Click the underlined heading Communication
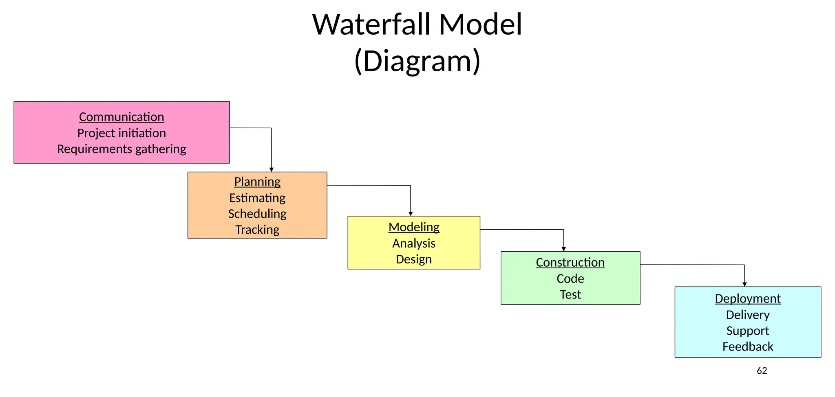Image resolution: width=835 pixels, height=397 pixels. coord(121,117)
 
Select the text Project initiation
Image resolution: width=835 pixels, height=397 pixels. coord(121,133)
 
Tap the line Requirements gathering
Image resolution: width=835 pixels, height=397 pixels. coord(121,149)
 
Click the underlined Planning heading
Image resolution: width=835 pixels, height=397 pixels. coord(257,182)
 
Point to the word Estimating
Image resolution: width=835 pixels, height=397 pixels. coord(257,198)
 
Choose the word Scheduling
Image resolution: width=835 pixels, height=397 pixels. coord(257,214)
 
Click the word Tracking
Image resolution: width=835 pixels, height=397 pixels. coord(257,230)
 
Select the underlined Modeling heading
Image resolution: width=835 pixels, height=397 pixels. coord(414,227)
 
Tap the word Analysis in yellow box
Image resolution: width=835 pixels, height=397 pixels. coord(414,243)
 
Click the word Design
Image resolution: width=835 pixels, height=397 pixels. coord(414,259)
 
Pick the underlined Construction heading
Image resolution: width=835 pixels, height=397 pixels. coord(570,263)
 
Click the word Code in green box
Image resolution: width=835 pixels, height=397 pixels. coord(570,279)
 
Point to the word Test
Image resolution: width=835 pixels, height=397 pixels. coord(570,295)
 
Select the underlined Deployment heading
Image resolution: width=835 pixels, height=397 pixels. coord(747,299)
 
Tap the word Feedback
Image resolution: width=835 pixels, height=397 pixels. coord(747,347)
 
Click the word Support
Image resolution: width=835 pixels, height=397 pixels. coord(747,331)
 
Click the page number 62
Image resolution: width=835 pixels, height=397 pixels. coord(762,371)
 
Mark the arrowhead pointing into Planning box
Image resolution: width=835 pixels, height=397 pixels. coord(272,169)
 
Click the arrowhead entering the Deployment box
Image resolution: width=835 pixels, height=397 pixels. coord(744,284)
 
